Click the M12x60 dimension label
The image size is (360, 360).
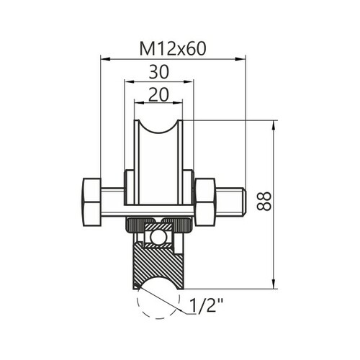[173, 49]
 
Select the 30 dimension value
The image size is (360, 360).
[158, 72]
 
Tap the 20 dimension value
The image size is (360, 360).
[158, 94]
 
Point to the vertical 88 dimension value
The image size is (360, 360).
[264, 201]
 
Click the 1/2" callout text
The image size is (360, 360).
[207, 305]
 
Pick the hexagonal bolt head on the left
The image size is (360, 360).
[91, 202]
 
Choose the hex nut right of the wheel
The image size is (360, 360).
[205, 202]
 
